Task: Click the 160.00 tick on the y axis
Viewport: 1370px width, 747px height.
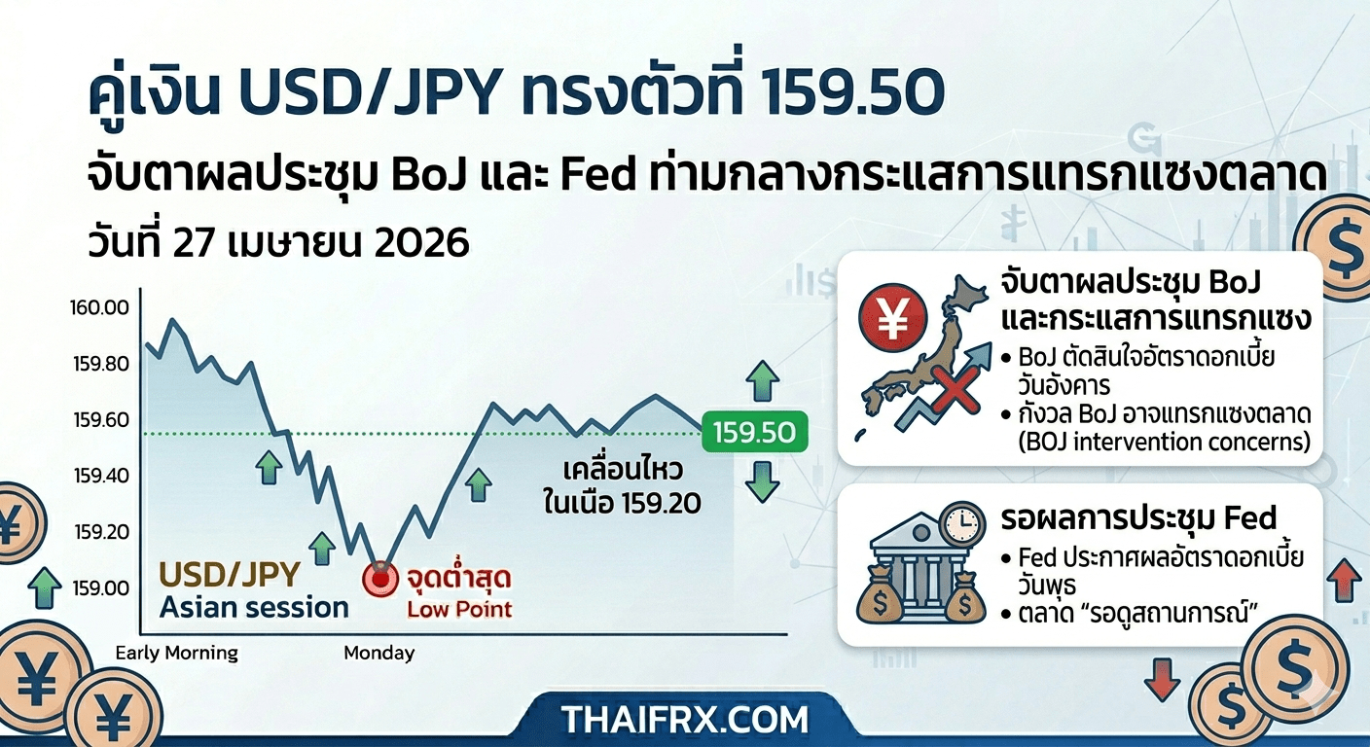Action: click(99, 307)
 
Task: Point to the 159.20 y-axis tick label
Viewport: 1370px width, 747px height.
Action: click(102, 532)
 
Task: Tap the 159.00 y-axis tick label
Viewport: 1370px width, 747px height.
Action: click(101, 588)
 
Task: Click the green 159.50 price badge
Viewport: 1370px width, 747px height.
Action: click(755, 432)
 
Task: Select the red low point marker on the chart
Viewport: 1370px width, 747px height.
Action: click(380, 579)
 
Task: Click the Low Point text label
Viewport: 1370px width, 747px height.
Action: click(459, 610)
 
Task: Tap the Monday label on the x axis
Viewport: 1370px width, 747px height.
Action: click(379, 653)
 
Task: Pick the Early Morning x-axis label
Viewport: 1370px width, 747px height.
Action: click(177, 654)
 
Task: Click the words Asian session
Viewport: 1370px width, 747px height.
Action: click(254, 608)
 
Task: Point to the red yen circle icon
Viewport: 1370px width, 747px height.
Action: click(893, 318)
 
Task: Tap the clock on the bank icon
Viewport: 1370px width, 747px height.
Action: click(963, 524)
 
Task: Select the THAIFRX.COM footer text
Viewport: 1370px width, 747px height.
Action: click(685, 720)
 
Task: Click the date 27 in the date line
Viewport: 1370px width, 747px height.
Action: click(194, 243)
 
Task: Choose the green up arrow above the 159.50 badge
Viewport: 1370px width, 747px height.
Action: click(763, 381)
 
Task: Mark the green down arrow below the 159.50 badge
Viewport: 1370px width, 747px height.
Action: click(763, 482)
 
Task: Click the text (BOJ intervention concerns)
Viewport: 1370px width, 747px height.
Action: click(1165, 442)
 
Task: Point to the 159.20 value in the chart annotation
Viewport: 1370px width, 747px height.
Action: click(661, 504)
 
